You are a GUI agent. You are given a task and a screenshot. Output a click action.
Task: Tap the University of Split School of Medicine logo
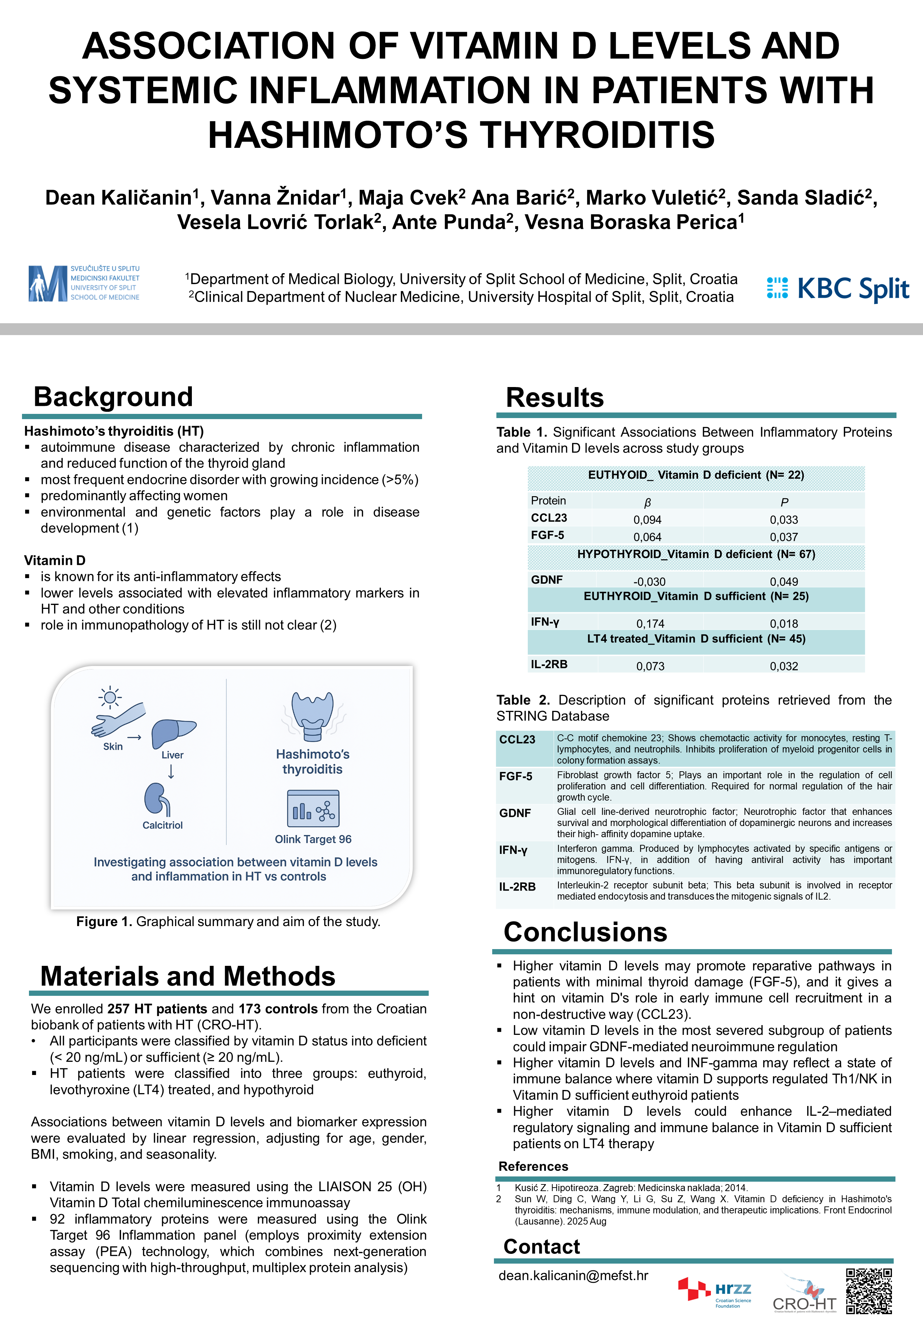point(84,283)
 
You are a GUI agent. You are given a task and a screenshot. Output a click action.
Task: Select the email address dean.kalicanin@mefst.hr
point(573,1275)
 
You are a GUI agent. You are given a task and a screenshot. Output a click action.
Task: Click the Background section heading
point(113,397)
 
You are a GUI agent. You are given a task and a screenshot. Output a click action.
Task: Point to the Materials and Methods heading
point(188,976)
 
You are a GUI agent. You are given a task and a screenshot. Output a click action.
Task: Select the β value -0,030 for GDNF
point(649,582)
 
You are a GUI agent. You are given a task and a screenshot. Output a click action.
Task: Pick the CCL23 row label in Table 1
point(549,518)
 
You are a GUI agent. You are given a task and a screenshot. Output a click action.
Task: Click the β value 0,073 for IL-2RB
point(650,666)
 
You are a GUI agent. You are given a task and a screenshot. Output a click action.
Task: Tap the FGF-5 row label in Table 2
point(516,776)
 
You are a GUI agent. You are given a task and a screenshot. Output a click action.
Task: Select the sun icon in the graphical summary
point(109,697)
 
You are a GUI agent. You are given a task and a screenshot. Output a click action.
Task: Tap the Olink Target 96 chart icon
point(313,808)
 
